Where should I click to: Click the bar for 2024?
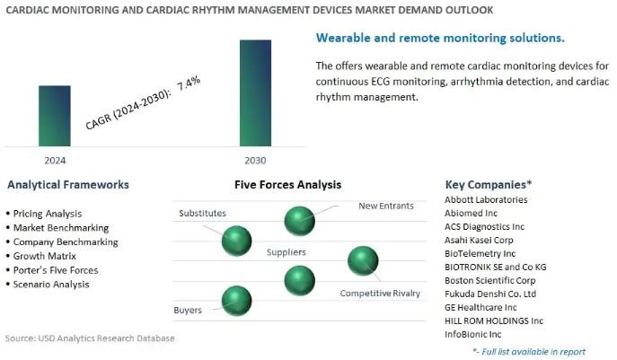55,116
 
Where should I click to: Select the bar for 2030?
255,92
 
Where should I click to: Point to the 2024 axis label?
55,161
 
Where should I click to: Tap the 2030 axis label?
255,161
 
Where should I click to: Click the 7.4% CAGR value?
189,83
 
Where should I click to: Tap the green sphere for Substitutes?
236,241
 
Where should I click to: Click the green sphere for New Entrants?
299,221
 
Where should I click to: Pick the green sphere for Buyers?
236,301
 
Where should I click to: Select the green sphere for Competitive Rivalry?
363,261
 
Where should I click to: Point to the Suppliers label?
286,252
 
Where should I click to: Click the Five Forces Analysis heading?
287,185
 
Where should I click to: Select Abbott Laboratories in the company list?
486,200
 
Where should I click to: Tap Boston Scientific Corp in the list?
489,280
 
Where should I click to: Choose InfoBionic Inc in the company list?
473,335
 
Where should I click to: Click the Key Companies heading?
489,185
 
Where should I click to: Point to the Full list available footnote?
529,351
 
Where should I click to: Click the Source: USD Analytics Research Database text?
90,338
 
